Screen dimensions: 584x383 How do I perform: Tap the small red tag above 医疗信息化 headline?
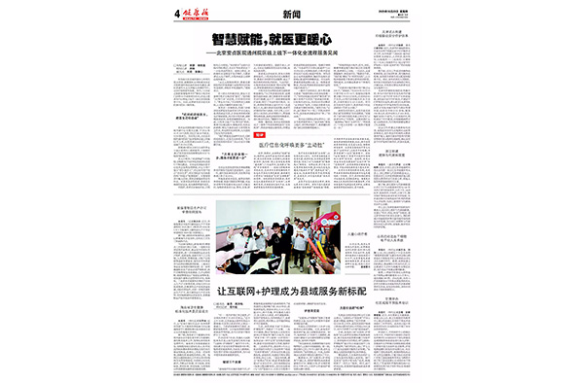[260, 134]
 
